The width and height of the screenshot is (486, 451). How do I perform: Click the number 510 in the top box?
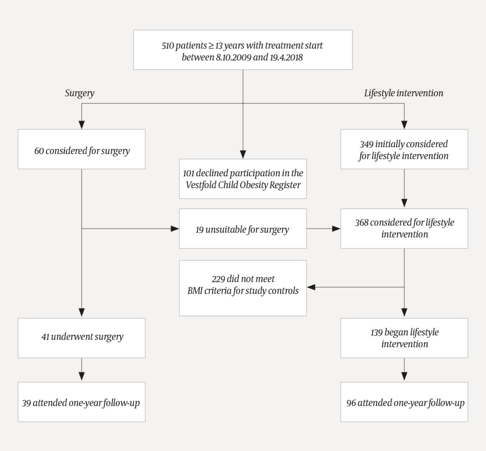[168, 46]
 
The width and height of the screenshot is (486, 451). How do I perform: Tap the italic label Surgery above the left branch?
[79, 93]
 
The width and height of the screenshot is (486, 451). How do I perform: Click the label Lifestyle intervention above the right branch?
[403, 93]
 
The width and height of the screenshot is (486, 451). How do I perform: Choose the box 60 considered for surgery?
[82, 151]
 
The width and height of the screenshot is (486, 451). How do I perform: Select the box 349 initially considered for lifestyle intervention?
[404, 149]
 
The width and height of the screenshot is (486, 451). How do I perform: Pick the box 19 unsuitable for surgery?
[243, 229]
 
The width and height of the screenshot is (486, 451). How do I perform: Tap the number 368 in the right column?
[362, 222]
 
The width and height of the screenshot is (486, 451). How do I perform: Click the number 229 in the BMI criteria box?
[219, 278]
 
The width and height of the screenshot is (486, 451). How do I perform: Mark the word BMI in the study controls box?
[196, 290]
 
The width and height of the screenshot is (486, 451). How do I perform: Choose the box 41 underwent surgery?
[82, 337]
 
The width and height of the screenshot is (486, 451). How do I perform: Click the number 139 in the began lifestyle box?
[378, 332]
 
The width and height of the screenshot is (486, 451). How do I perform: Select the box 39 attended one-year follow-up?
[82, 402]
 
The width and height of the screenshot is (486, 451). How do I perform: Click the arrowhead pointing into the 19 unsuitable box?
[175, 229]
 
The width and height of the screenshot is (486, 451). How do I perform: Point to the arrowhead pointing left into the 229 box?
[311, 287]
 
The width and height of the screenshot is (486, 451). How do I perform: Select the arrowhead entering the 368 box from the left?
[336, 229]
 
